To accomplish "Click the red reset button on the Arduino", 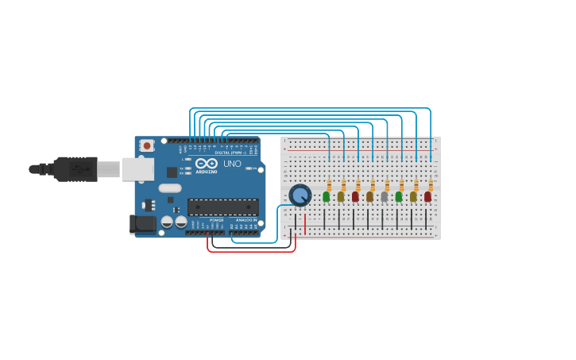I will coord(147,145).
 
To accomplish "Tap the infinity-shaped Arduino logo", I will coord(207,163).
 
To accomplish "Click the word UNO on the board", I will coord(232,164).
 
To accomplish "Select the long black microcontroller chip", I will coord(222,207).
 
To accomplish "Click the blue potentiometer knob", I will coord(300,195).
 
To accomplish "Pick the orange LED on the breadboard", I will coord(369,196).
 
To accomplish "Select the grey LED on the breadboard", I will coord(385,196).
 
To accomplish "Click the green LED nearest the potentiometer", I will coord(326,196).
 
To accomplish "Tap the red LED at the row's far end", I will coord(427,196).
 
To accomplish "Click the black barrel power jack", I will coord(143,224).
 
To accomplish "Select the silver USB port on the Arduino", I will coord(137,168).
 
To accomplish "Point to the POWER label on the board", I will coord(216,220).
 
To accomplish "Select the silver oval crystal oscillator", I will coord(170,188).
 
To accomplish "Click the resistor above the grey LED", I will coord(387,184).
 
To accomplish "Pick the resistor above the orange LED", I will coord(373,184).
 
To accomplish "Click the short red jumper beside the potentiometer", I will coord(305,223).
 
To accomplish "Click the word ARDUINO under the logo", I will coord(207,171).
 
